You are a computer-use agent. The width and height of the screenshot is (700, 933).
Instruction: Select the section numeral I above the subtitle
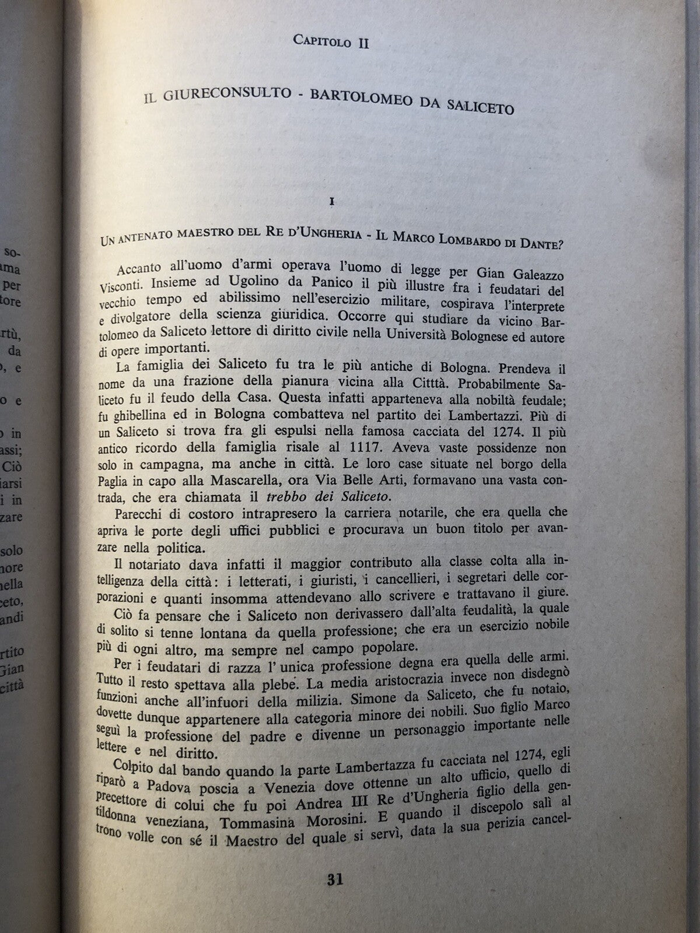(331, 202)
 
